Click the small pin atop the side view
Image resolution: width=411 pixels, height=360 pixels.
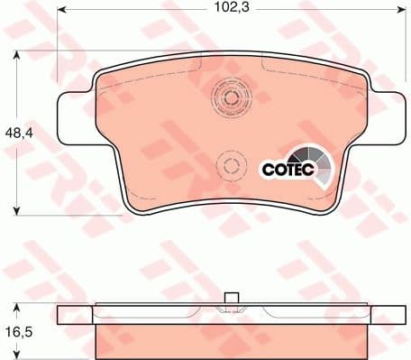230,300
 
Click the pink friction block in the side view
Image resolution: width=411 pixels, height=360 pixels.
230,339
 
